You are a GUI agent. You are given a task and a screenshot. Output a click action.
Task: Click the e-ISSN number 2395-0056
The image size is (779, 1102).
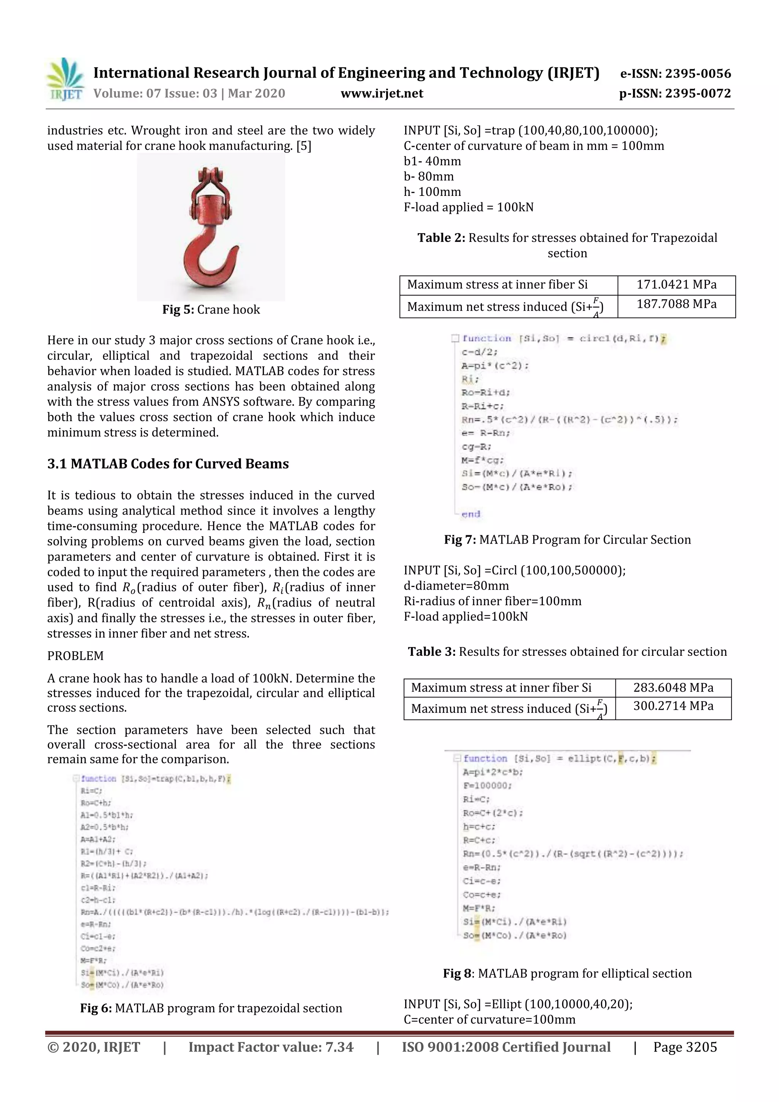[x=675, y=73]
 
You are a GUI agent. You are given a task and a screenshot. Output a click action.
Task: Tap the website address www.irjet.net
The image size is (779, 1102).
[x=382, y=94]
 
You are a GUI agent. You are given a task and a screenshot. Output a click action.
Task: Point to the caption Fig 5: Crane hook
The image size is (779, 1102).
[x=211, y=310]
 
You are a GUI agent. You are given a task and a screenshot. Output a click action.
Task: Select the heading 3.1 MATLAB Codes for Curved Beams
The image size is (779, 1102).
[x=168, y=464]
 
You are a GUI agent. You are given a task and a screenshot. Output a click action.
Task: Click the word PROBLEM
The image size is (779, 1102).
[x=75, y=656]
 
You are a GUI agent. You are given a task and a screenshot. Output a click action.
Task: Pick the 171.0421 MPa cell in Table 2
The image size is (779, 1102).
[x=676, y=285]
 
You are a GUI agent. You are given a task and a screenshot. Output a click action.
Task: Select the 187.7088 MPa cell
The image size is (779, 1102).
[x=676, y=304]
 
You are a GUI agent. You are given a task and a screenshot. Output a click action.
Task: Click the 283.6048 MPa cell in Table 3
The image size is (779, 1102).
[x=673, y=688]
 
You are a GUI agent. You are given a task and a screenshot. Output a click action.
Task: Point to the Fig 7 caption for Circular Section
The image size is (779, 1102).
[x=567, y=539]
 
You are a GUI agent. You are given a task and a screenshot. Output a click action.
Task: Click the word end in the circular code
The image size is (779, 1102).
[x=471, y=514]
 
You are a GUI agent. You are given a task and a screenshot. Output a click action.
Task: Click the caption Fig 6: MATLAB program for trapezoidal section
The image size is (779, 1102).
[x=211, y=1008]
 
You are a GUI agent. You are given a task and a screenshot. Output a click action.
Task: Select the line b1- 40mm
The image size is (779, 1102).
[x=432, y=161]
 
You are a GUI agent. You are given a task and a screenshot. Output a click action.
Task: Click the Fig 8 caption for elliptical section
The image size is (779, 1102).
[x=567, y=973]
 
